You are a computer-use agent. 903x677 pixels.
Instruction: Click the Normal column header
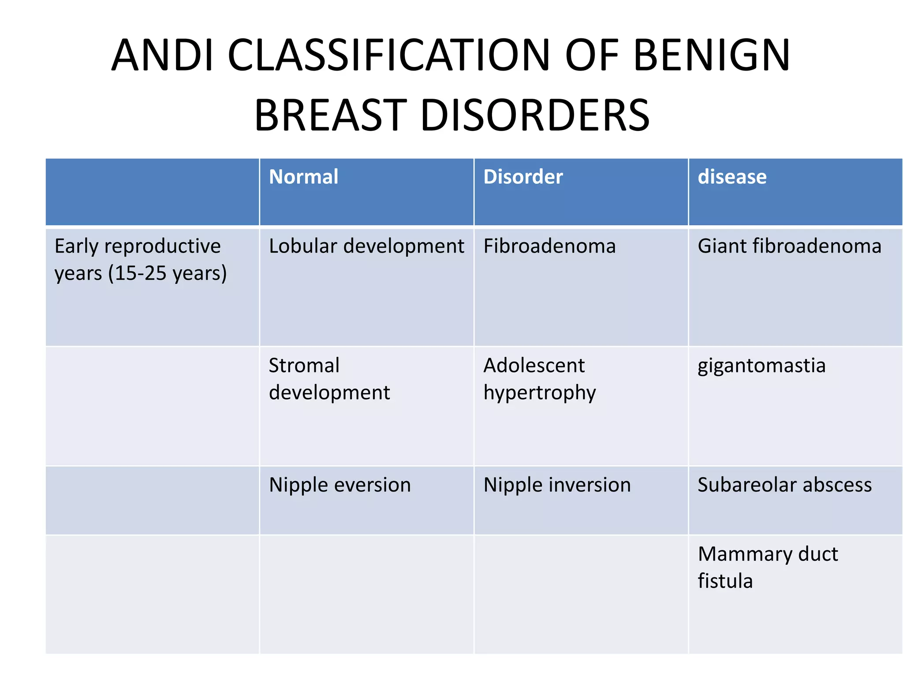click(x=303, y=177)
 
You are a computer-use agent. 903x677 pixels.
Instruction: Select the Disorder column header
click(x=523, y=177)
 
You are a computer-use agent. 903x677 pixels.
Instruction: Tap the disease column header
click(x=732, y=177)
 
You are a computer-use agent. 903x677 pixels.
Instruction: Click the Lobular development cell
click(x=366, y=246)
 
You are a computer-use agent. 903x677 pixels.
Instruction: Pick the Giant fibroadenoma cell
click(x=789, y=246)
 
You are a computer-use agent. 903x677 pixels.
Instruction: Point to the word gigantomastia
click(x=761, y=366)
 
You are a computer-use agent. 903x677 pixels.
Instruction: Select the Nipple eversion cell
click(x=340, y=485)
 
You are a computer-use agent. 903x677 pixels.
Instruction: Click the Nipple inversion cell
click(x=557, y=485)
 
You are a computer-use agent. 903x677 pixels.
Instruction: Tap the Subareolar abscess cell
click(x=784, y=485)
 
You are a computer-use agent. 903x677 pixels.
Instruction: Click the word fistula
click(x=725, y=581)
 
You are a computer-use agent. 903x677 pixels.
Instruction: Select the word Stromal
click(x=304, y=365)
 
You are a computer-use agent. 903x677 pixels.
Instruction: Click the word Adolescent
click(x=534, y=365)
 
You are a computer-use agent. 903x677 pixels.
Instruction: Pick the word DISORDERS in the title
click(x=535, y=115)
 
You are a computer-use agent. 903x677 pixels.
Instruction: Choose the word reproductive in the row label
click(x=162, y=246)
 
